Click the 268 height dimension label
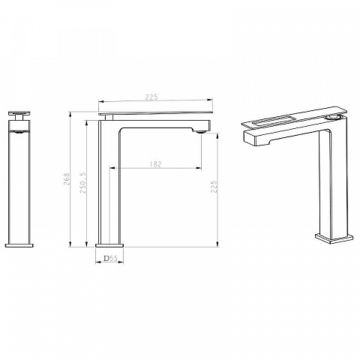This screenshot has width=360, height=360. pyautogui.click(x=67, y=178)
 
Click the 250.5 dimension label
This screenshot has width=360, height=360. pyautogui.click(x=82, y=183)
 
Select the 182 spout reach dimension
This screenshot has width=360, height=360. pyautogui.click(x=156, y=164)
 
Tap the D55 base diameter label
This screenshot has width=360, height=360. pyautogui.click(x=110, y=258)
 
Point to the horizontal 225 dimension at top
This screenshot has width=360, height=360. pyautogui.click(x=151, y=97)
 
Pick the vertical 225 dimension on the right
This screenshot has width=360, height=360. pyautogui.click(x=214, y=187)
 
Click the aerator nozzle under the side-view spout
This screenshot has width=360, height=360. pyautogui.click(x=201, y=131)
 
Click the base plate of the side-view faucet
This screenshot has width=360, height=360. pyautogui.click(x=109, y=245)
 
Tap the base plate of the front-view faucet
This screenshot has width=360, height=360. pyautogui.click(x=19, y=245)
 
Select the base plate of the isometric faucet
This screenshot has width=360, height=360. pyautogui.click(x=334, y=238)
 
